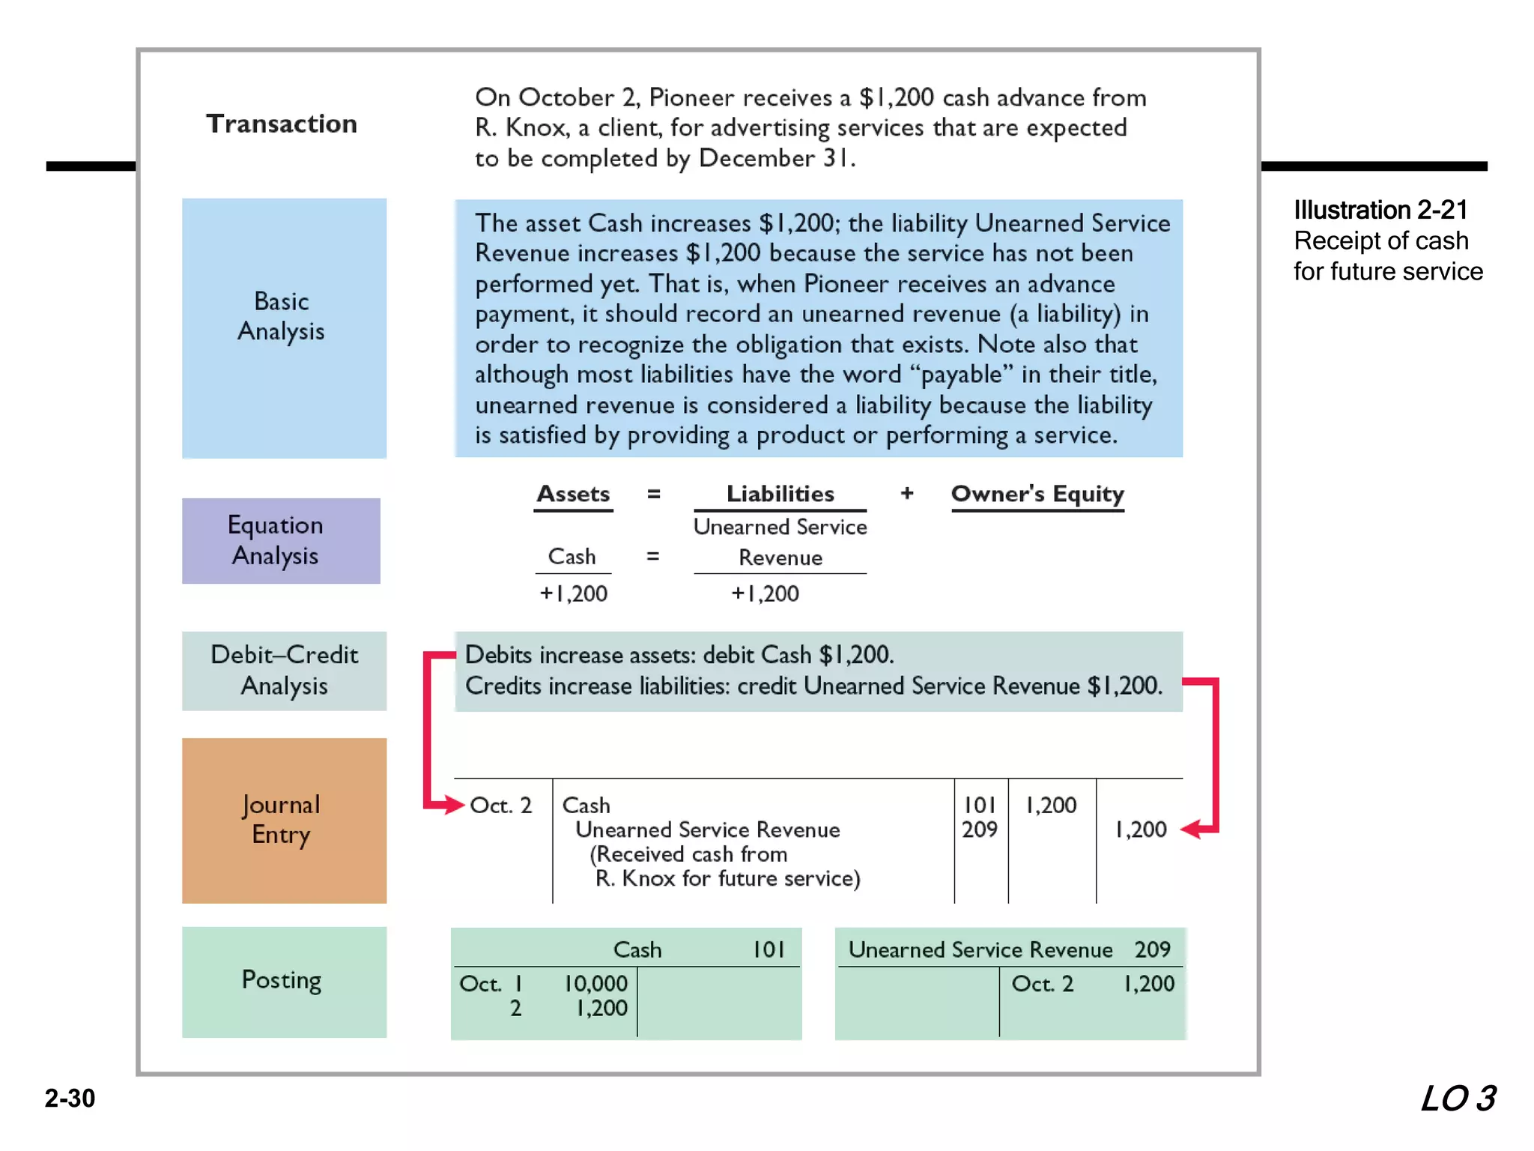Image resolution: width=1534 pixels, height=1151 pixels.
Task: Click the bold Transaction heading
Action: [x=282, y=124]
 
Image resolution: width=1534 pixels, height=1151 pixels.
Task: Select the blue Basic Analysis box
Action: [x=284, y=327]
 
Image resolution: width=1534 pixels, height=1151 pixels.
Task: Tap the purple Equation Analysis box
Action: [x=281, y=540]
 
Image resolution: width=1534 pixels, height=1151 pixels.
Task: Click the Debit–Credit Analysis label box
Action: [x=284, y=671]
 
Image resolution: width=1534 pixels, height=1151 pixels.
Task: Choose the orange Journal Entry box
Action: [x=284, y=820]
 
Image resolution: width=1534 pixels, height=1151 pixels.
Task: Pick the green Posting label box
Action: [x=284, y=981]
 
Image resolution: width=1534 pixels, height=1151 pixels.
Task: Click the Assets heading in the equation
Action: [x=573, y=495]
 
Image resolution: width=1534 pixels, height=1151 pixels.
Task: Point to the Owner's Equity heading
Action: [x=1037, y=495]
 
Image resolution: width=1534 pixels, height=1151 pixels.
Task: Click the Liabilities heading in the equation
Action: [x=780, y=495]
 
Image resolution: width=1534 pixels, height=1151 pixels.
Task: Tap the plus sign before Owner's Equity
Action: [x=907, y=493]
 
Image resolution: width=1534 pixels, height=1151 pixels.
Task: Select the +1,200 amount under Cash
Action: [x=574, y=593]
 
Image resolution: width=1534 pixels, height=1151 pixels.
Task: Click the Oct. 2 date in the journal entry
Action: [x=500, y=806]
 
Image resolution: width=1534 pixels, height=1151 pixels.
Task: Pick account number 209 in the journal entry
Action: [x=980, y=830]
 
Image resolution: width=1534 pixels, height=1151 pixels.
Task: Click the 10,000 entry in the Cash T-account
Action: [x=595, y=984]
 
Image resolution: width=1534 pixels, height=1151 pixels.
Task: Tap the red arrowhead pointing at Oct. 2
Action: [x=454, y=806]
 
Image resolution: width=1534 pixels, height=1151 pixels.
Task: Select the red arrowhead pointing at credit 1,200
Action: [x=1192, y=830]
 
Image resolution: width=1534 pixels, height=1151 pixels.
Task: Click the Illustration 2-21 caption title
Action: [x=1380, y=211]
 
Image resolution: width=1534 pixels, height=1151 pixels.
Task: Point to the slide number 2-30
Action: [x=70, y=1099]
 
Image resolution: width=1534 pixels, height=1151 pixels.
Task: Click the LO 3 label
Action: [x=1458, y=1099]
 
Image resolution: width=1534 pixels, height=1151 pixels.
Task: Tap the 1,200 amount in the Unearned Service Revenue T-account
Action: [x=1149, y=984]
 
